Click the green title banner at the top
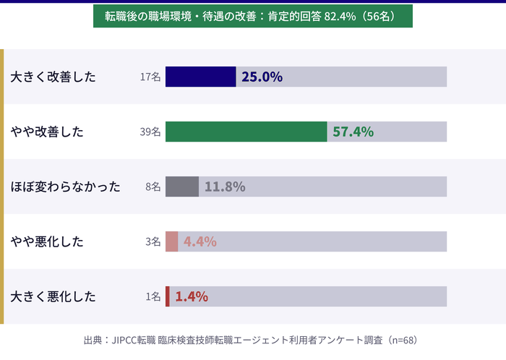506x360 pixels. coord(253,16)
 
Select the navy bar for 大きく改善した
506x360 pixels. coord(200,77)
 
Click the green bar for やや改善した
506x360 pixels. coord(246,132)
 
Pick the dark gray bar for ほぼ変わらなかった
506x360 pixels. coord(182,187)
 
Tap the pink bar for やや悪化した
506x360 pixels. coord(171,241)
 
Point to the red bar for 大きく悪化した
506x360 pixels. coord(168,296)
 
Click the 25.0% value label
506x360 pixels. coord(262,77)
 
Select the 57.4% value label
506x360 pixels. coord(353,132)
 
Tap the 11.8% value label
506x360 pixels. coord(225,187)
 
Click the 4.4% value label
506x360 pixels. coord(200,241)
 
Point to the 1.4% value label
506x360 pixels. coord(192,296)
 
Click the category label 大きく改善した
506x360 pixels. coord(53,77)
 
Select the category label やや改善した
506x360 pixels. coord(47,132)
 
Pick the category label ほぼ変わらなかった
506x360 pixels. coord(65,187)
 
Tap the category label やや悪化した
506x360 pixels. coord(47,241)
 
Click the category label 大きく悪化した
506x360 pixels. coord(53,296)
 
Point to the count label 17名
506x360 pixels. coord(150,77)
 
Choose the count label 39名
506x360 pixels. coord(150,132)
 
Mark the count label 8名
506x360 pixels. coord(153,187)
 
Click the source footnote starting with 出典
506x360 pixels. coord(251,339)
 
